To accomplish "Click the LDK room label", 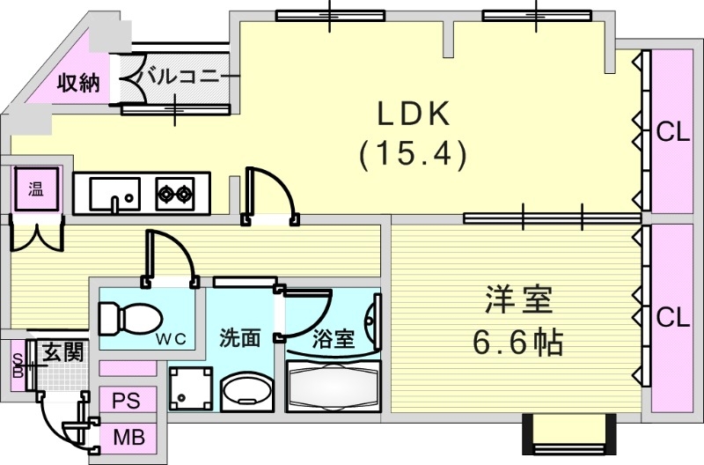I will [414, 114].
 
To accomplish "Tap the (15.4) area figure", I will [412, 155].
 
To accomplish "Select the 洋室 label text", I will [518, 301].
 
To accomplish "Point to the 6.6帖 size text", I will [518, 342].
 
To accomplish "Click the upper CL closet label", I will [673, 132].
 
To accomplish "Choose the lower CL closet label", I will [673, 317].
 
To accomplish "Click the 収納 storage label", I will [78, 84].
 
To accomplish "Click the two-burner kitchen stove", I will [175, 193].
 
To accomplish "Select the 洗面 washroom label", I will [240, 336].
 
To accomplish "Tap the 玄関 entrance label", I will [63, 353].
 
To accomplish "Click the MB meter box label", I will [128, 437].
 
